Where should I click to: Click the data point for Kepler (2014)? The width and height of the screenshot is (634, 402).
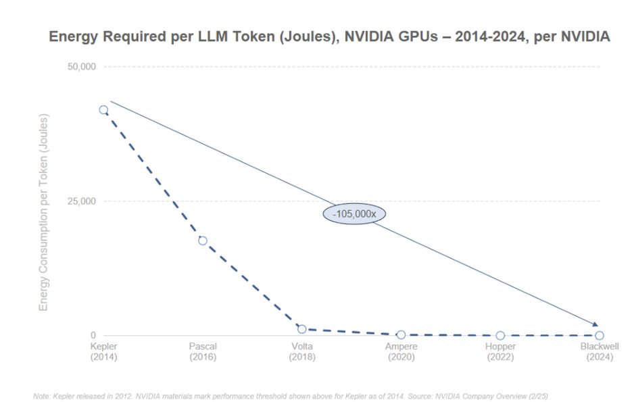coord(103,110)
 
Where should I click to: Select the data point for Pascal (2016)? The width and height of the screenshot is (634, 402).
coord(203,241)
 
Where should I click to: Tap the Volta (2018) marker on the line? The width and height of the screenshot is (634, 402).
coord(302,329)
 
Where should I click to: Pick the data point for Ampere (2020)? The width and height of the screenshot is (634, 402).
coord(401,334)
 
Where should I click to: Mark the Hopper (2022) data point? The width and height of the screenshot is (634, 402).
coord(500,336)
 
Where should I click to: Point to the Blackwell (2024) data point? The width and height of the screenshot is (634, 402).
coord(599,336)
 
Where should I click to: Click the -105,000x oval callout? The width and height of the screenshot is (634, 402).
coord(354,213)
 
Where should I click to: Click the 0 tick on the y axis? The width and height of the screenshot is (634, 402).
coord(93,336)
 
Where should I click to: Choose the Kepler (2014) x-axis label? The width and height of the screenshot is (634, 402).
coord(103,351)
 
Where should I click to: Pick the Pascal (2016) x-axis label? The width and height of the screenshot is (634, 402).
coord(203,351)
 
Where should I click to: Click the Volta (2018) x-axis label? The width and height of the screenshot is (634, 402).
coord(302,351)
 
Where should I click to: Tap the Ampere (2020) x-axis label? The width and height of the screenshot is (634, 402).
coord(401,351)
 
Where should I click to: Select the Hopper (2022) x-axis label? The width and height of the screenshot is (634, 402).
coord(500,351)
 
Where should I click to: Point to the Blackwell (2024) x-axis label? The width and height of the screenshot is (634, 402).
coord(599,351)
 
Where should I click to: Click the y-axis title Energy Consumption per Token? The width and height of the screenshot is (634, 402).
coord(44,213)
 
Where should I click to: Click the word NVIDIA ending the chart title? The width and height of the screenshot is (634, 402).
coord(585,37)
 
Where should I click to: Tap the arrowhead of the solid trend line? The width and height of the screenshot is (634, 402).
coord(595,325)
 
